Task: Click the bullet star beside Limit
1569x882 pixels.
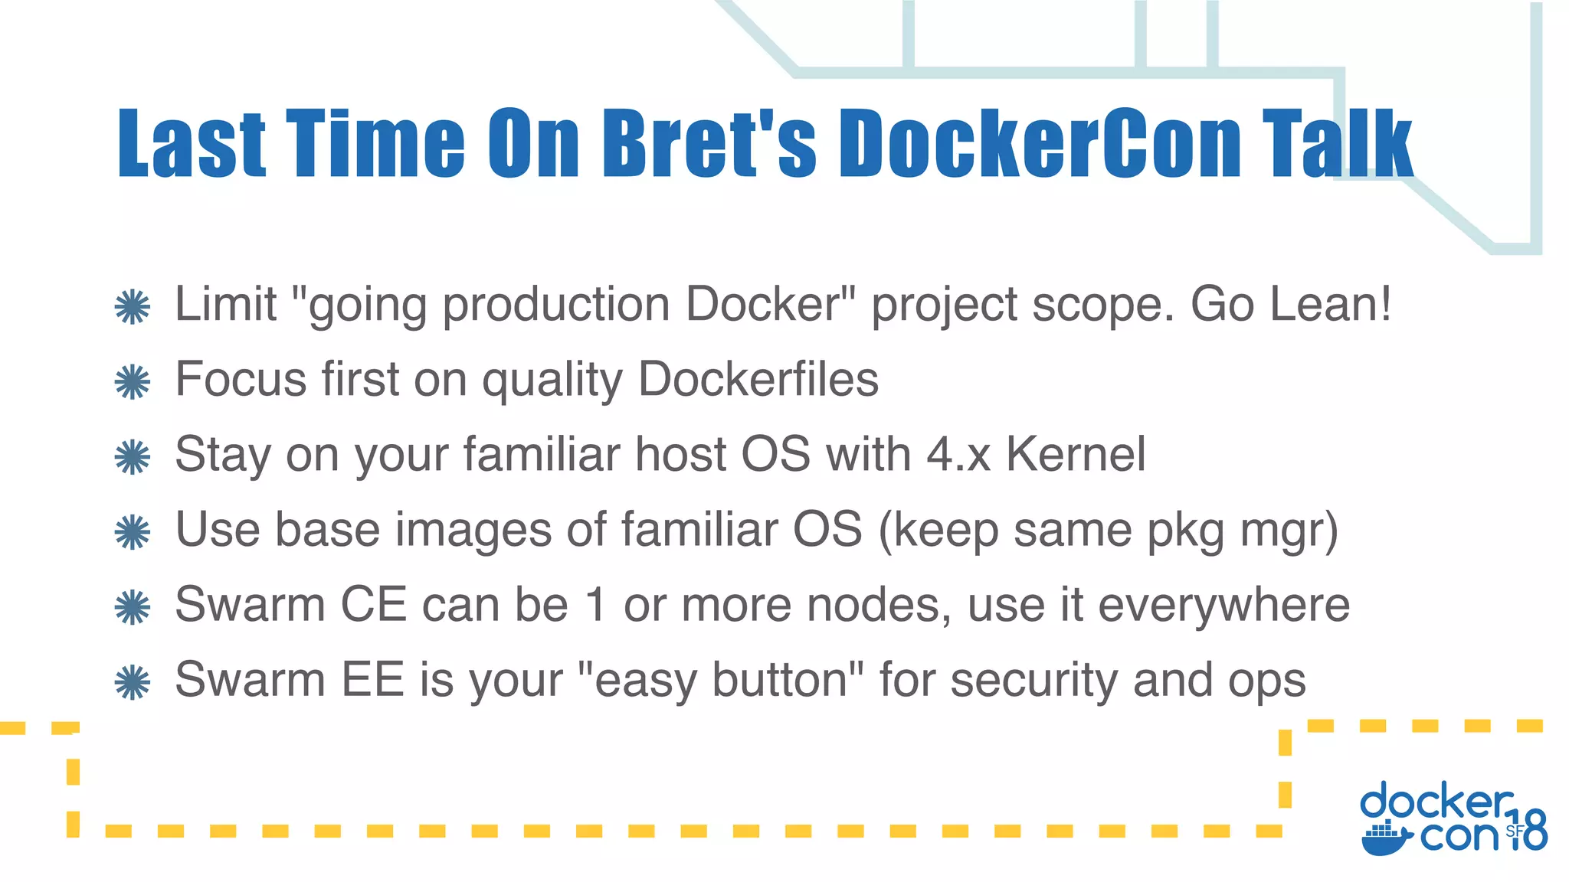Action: tap(133, 307)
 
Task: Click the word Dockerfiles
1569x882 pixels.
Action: tap(758, 379)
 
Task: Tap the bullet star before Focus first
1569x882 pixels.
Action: tap(133, 382)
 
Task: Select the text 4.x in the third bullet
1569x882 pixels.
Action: tap(958, 454)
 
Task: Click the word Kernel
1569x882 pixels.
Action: tap(1076, 454)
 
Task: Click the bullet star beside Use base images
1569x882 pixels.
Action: tap(133, 532)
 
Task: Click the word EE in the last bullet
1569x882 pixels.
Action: tap(372, 679)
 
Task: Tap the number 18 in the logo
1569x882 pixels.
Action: tap(1529, 830)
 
